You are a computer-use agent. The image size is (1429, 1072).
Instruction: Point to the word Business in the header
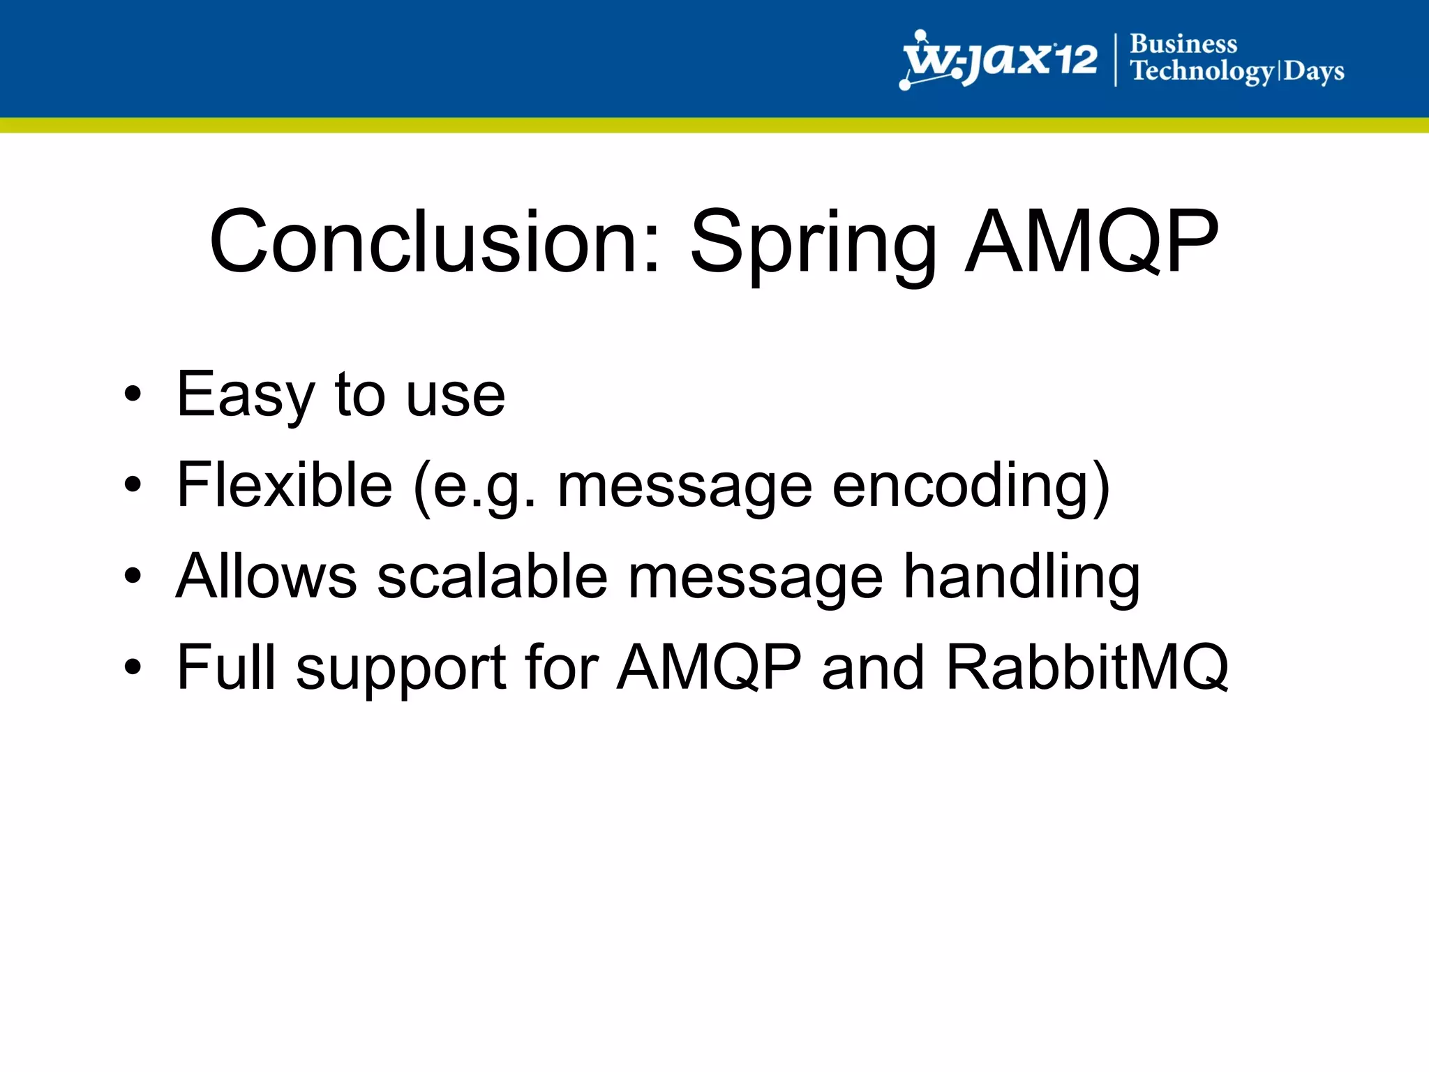click(1183, 44)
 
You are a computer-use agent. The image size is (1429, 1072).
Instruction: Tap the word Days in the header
click(1314, 71)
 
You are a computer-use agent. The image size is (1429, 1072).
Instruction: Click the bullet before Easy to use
click(133, 394)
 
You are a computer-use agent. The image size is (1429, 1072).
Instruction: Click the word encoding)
click(971, 486)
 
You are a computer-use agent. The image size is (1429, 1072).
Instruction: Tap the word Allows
click(266, 576)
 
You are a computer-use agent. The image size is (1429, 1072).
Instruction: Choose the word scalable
click(493, 576)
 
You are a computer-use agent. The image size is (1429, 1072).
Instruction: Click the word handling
click(1022, 578)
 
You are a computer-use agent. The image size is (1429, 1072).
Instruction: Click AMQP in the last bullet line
click(709, 667)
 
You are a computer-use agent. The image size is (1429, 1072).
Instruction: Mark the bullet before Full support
click(133, 667)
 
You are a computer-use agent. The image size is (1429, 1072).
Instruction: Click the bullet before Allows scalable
click(133, 576)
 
